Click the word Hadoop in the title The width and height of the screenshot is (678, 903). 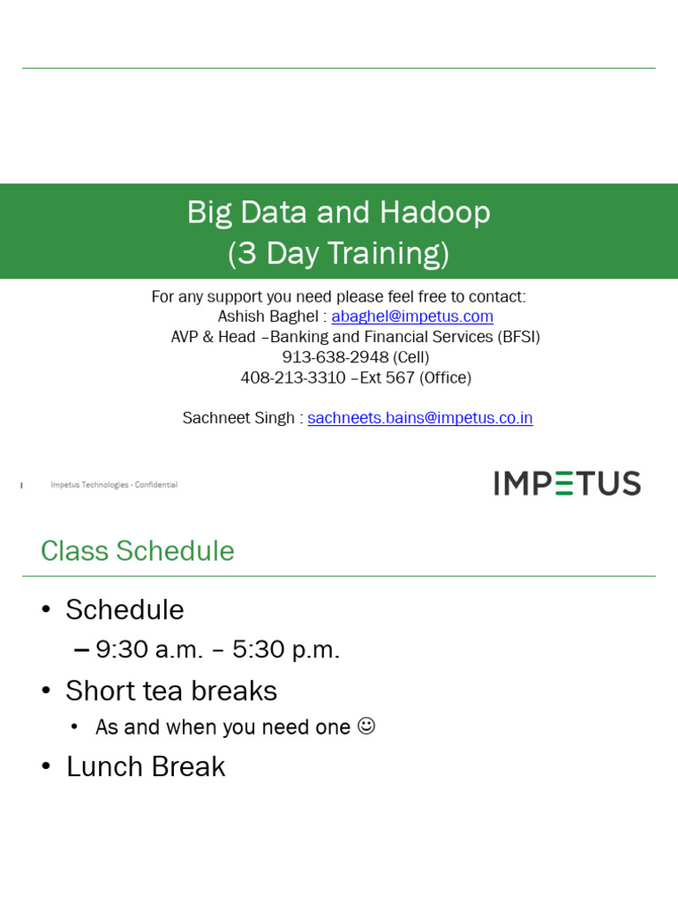(435, 213)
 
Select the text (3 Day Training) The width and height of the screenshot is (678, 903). (338, 254)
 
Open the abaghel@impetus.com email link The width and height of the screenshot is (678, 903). (412, 317)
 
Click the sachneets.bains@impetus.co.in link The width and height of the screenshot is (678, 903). (420, 418)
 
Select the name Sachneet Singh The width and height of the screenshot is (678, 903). (238, 418)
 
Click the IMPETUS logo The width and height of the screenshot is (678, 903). (567, 483)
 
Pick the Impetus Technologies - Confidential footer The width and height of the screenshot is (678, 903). (114, 485)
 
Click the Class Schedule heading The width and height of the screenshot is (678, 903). (138, 551)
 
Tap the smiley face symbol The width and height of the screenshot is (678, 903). (366, 726)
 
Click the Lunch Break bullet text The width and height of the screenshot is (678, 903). (146, 767)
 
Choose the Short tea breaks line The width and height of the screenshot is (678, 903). (171, 690)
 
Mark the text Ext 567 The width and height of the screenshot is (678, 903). (388, 377)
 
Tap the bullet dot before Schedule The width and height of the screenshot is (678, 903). (47, 610)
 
